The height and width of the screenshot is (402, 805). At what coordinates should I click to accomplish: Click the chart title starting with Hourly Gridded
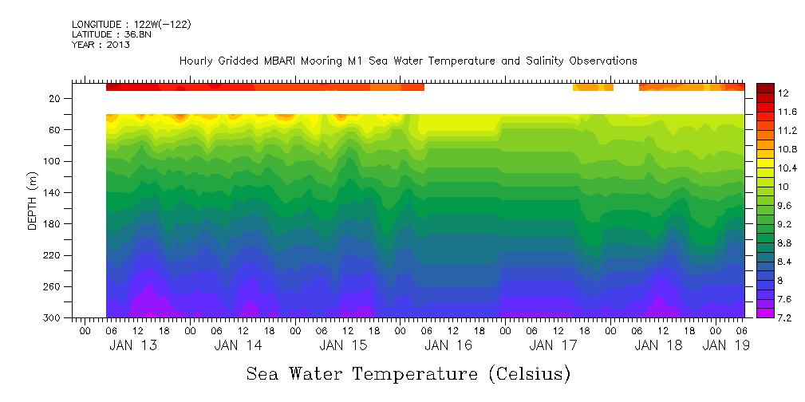coord(408,61)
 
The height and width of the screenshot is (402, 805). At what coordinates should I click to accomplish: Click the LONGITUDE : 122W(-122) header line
coord(131,25)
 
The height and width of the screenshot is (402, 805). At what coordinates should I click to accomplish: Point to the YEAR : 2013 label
coord(101,45)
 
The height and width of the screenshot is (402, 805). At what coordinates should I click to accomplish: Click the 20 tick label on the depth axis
coord(56,99)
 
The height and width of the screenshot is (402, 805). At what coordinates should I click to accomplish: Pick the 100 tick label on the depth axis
coord(53,161)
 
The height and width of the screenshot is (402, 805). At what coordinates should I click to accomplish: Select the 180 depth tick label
coord(53,224)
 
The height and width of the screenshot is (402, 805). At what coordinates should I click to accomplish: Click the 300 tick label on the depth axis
coord(53,318)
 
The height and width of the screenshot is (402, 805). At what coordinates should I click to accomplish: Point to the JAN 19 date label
coord(725,345)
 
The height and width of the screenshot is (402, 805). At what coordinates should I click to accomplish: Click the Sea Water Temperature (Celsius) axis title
coord(408,374)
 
